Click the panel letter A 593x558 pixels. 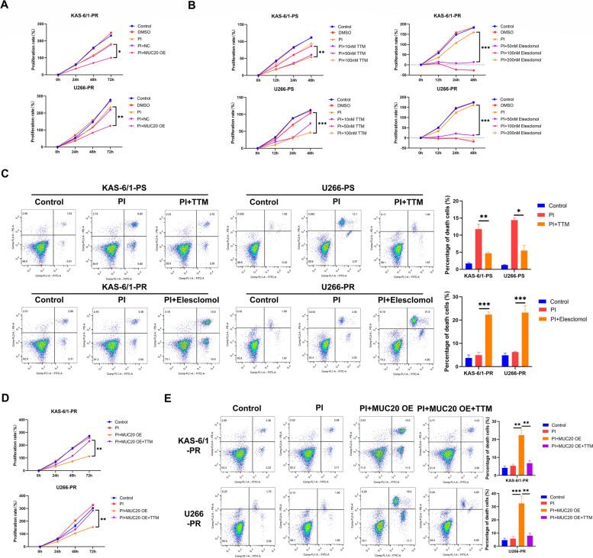tap(5, 5)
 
